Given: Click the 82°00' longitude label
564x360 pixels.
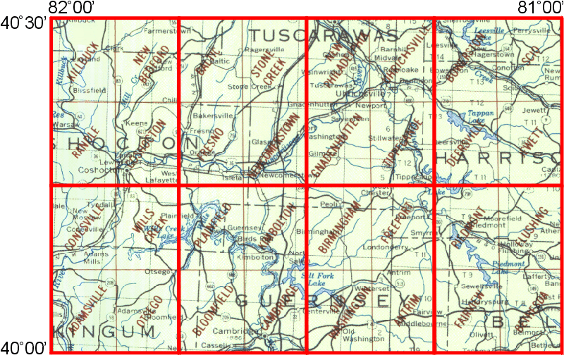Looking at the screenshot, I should coord(73,8).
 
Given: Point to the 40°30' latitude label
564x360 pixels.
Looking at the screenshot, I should coord(23,22).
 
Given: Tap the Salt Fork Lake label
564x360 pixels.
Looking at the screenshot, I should coord(319,278).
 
